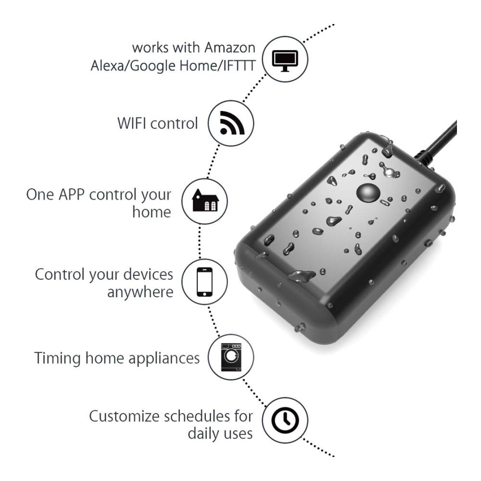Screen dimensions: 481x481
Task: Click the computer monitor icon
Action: pos(285,61)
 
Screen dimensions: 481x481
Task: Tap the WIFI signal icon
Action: pos(232,123)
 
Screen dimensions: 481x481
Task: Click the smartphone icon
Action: pos(204,282)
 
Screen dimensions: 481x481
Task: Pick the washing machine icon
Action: pos(231,357)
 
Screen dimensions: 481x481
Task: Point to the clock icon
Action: pos(285,420)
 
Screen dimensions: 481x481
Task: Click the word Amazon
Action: pos(230,48)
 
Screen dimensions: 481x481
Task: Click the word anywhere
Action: pos(140,292)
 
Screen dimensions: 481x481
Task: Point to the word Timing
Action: pos(57,358)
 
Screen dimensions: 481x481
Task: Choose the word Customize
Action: pos(123,416)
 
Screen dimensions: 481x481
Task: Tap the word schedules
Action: pos(197,416)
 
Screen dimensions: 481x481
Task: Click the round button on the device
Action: pos(368,193)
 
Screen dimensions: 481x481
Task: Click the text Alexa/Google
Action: pos(133,66)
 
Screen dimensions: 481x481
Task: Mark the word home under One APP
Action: pos(152,212)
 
